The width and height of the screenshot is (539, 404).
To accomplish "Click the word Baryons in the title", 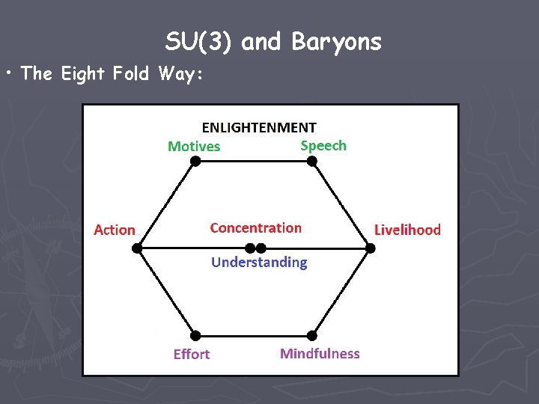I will coord(336,43).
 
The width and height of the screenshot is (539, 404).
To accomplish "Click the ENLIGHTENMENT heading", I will coord(259,128).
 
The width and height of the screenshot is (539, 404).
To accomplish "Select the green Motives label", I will coord(194,147).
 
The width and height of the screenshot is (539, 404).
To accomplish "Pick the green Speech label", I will coord(323,146).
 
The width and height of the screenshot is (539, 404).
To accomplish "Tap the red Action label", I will coord(115,230).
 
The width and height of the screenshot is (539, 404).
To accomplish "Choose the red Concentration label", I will coord(256,228).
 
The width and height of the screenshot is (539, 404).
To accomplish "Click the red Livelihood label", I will coord(407,230).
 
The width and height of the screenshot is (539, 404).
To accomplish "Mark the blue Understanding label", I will coord(259,262).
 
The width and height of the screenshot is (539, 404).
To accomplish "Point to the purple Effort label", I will coord(192,354).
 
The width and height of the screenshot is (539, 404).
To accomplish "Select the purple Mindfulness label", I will coord(320,353).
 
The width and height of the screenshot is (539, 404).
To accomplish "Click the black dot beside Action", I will coord(136,248).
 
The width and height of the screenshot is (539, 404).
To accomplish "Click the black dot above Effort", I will coord(195,335).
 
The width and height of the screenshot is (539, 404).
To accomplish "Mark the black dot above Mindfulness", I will coord(311,335).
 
